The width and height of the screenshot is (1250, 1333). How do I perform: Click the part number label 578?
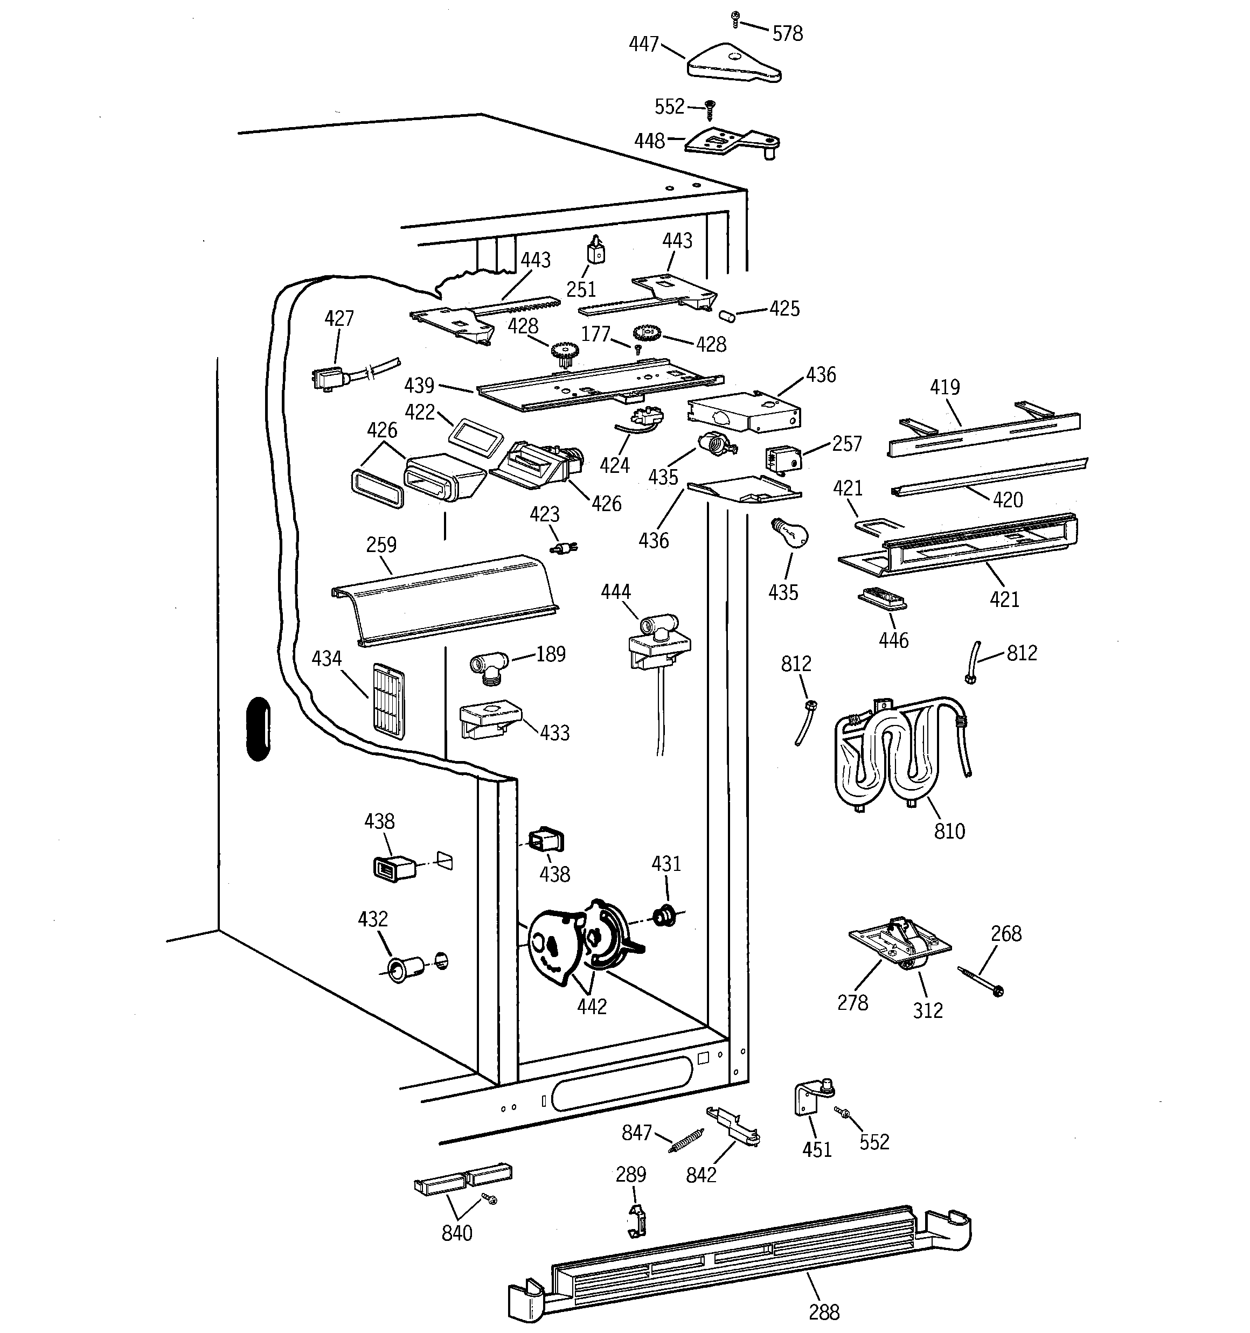coord(787,33)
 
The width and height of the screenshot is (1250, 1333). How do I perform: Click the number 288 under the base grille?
coord(824,1311)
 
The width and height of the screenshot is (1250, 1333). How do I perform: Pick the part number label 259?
coord(381,545)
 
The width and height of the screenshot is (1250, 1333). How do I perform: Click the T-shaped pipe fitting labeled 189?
coord(489,668)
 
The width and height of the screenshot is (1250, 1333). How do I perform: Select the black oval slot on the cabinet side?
coord(258,730)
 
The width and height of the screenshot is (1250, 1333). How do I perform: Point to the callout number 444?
coord(615,591)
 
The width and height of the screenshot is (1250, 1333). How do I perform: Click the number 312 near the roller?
coord(928,1010)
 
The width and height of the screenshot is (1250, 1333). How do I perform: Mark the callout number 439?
coord(419,386)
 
